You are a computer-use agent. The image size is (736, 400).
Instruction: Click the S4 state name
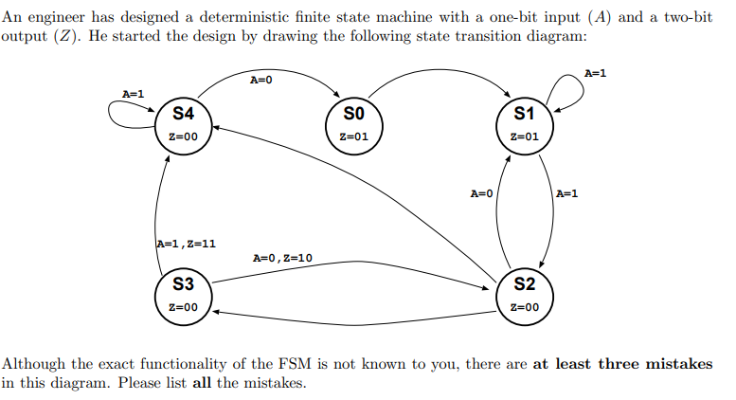point(183,114)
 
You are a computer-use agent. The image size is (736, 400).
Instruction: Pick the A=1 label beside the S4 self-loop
point(134,93)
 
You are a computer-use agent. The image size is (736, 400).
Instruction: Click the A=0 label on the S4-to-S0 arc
point(261,80)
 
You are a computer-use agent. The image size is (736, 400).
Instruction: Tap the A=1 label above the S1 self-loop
point(596,73)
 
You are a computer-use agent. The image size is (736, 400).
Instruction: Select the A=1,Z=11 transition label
point(186,244)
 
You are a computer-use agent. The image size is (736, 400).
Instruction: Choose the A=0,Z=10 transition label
point(283,258)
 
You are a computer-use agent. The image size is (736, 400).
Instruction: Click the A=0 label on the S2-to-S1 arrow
point(482,194)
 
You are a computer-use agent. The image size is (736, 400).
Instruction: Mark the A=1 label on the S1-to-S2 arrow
point(566,194)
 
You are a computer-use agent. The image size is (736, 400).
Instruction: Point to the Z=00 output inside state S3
point(183,307)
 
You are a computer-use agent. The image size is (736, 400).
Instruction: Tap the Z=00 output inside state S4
point(183,136)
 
